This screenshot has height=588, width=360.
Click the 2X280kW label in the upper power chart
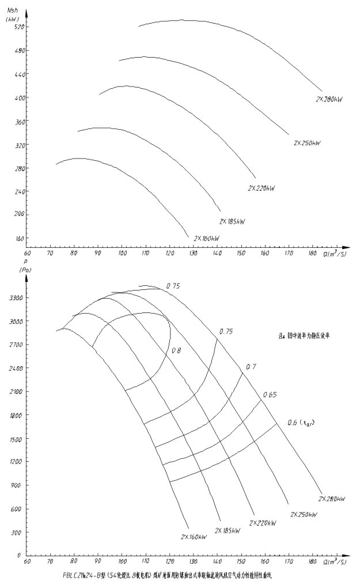point(329,100)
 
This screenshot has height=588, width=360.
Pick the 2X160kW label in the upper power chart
point(207,238)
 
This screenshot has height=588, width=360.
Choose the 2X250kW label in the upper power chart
point(306,142)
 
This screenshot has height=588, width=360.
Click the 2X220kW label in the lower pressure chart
point(262,523)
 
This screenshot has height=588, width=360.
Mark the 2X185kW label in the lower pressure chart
point(228,530)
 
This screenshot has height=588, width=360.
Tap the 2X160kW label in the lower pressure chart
point(194,537)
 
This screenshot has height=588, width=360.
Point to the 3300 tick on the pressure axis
point(16,298)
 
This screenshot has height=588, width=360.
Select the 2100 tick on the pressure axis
point(16,392)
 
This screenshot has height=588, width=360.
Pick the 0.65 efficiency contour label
point(270,395)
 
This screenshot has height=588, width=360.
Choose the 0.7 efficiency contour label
point(251,367)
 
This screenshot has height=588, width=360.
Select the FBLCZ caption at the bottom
point(167,575)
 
